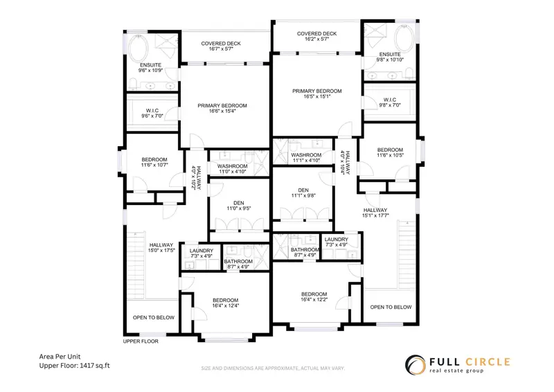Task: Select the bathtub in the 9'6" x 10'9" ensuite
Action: click(x=138, y=48)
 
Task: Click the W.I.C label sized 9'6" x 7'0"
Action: click(x=152, y=114)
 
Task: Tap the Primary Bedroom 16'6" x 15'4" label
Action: click(x=222, y=109)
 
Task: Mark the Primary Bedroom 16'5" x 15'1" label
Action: click(x=316, y=94)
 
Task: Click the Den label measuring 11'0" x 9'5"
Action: click(x=238, y=206)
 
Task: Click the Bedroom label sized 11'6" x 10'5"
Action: click(x=390, y=152)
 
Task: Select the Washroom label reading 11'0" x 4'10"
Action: click(x=233, y=170)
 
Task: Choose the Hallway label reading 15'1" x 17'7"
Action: click(x=376, y=213)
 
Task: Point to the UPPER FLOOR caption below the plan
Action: click(x=141, y=341)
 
